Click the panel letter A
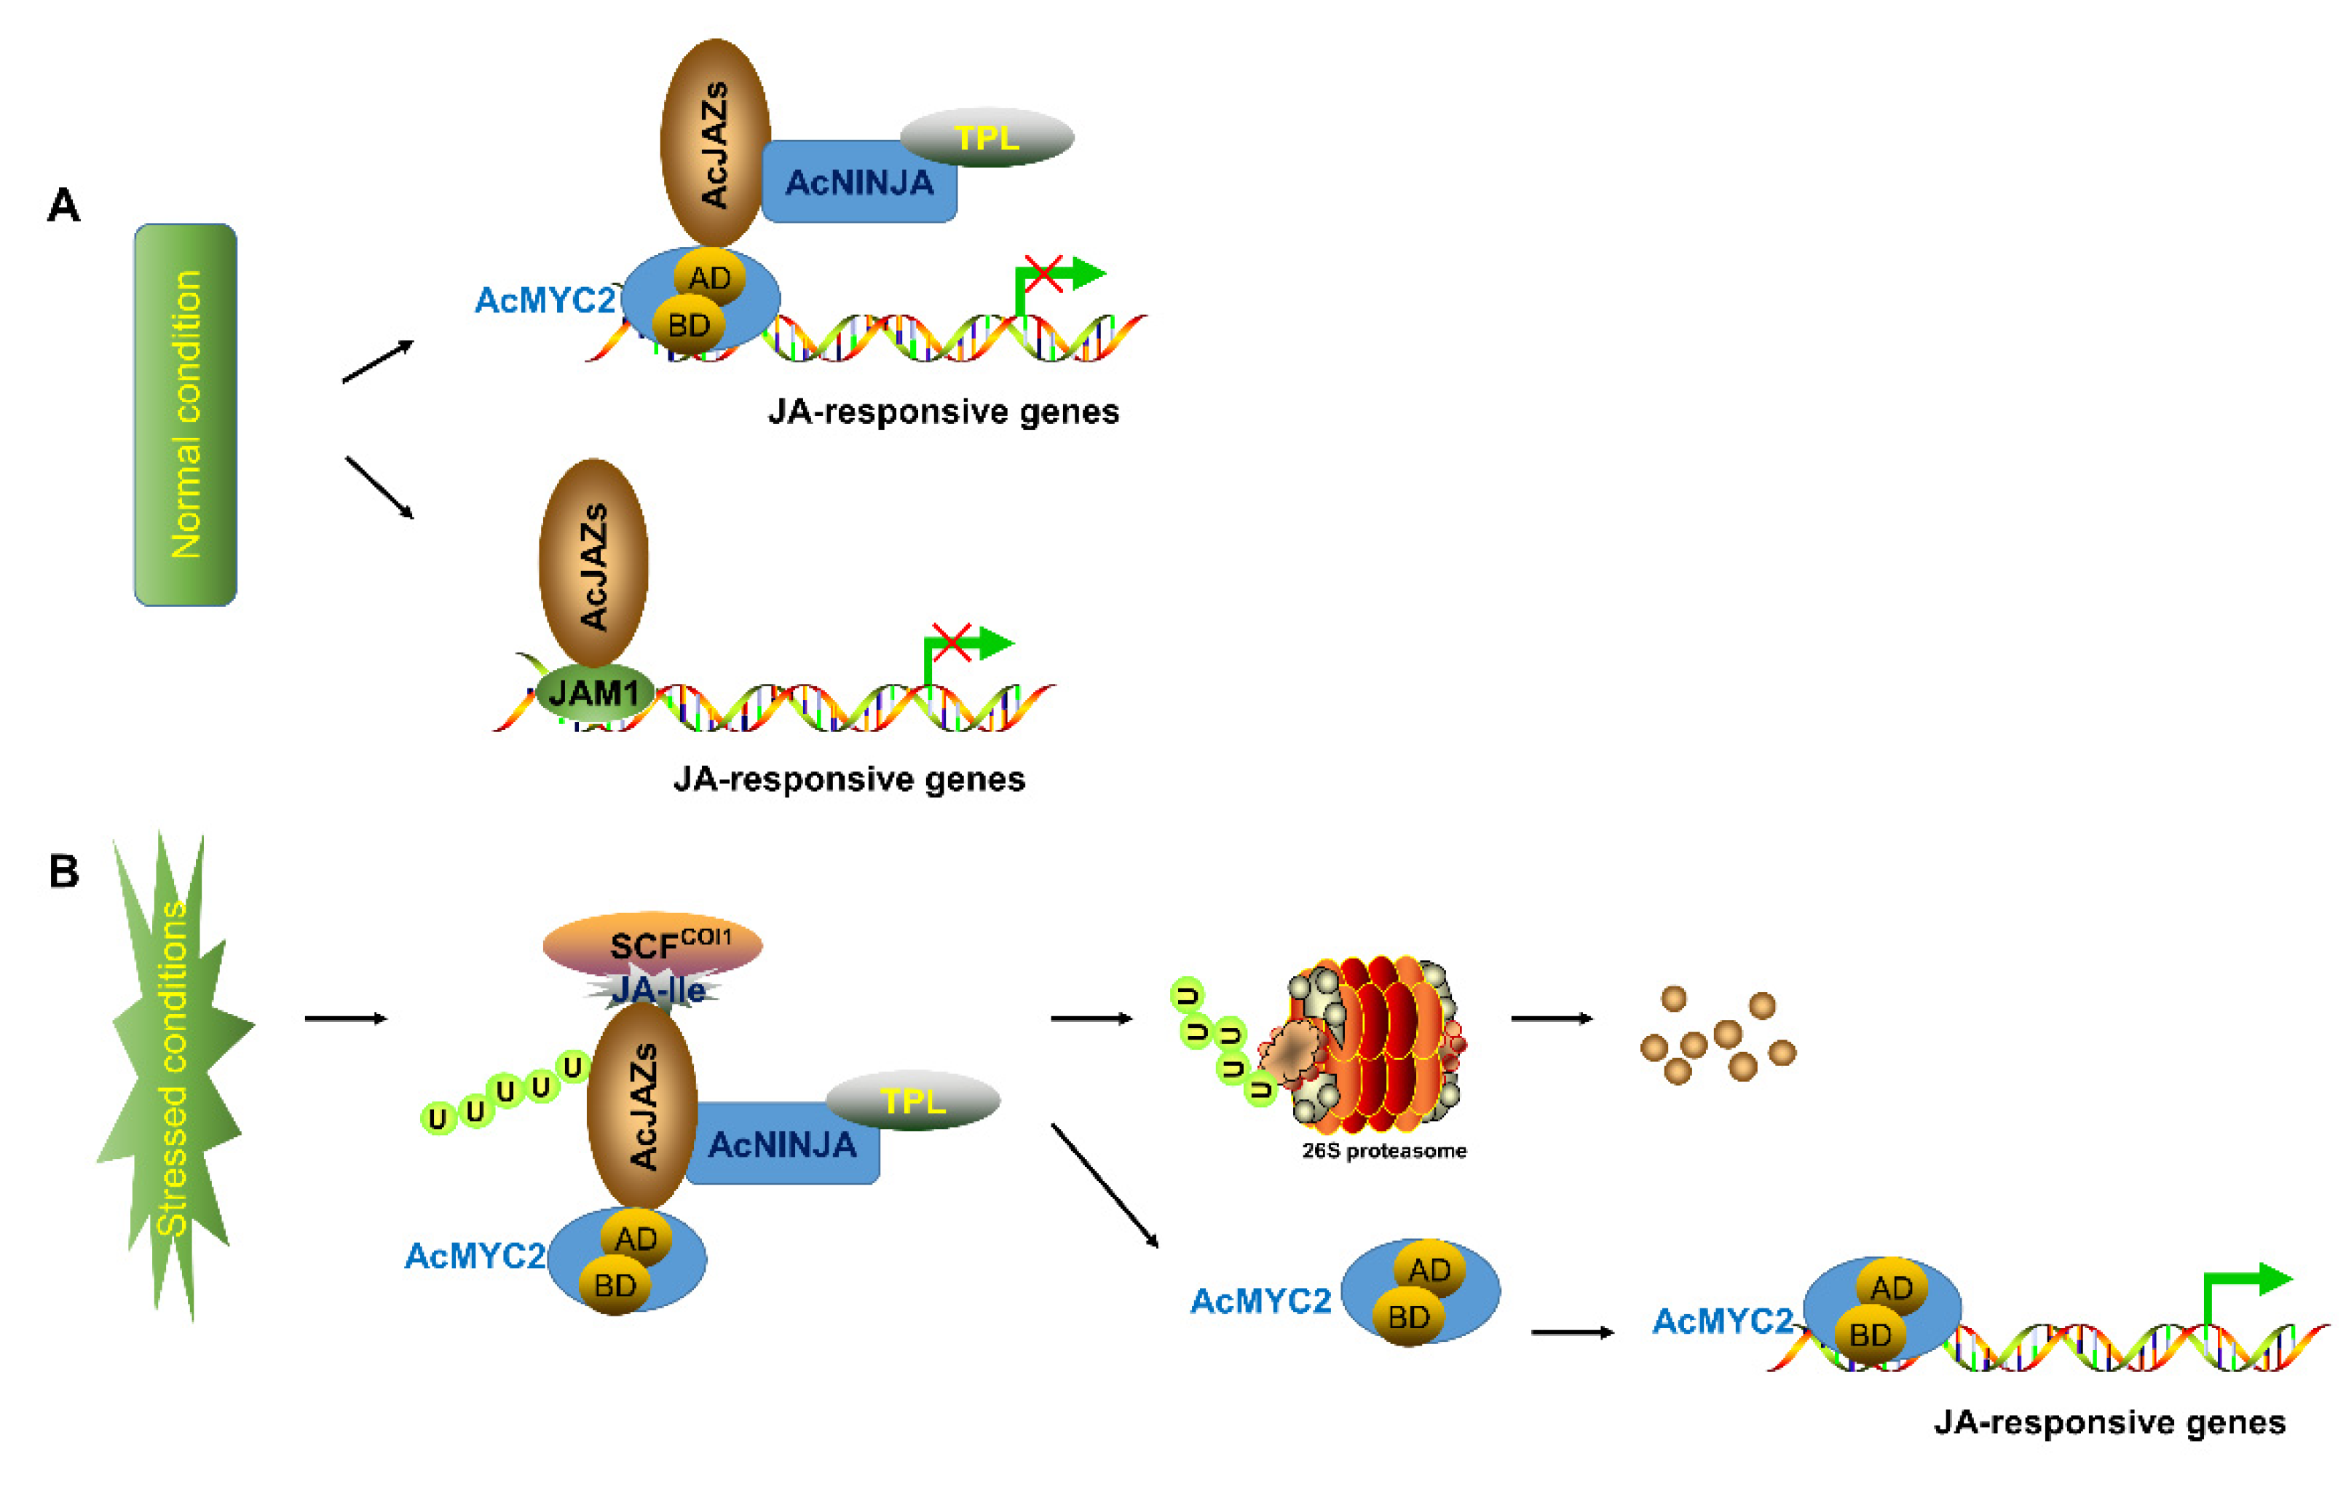point(63,205)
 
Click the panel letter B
point(63,871)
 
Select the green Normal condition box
point(185,415)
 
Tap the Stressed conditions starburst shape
point(175,1072)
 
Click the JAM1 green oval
point(593,693)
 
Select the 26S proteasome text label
point(1383,1151)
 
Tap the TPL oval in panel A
point(986,138)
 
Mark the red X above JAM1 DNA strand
point(951,643)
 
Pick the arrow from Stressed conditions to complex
point(346,1018)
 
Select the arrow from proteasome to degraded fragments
point(1551,1018)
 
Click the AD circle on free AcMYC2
point(1429,1270)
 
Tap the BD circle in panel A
point(689,324)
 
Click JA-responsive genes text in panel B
point(2109,1423)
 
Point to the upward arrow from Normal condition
point(378,361)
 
